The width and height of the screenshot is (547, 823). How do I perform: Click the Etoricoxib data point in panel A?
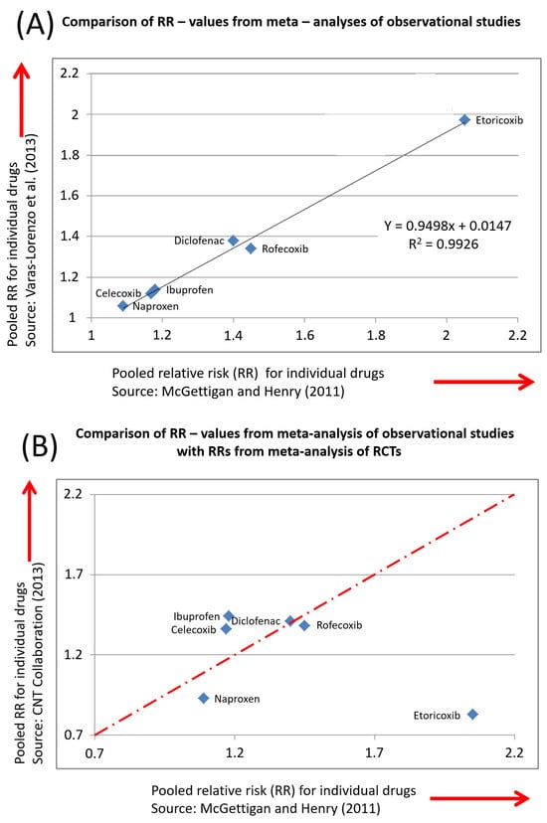tap(464, 119)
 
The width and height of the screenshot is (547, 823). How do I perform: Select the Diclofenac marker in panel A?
tap(234, 241)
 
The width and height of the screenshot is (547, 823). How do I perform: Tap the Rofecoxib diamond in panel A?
tap(251, 248)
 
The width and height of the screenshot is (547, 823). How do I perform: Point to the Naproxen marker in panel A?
tap(123, 306)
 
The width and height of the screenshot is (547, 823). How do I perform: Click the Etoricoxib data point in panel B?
tap(472, 715)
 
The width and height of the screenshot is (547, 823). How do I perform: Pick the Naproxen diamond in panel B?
tap(204, 698)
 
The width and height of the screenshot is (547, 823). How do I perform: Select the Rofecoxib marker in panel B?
tap(304, 625)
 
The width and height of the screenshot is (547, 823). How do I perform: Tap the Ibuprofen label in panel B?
tap(196, 616)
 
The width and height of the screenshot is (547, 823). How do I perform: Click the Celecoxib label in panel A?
tap(118, 293)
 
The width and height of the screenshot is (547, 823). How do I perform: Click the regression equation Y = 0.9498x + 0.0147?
tap(448, 226)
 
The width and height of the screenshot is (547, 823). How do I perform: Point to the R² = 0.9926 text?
tap(444, 244)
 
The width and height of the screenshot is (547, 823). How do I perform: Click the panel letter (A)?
tap(35, 24)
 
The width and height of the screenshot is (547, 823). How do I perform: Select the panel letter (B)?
tap(39, 446)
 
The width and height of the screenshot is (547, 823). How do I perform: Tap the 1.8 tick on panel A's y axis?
tap(71, 155)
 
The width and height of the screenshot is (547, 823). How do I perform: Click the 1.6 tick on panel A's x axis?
tap(305, 335)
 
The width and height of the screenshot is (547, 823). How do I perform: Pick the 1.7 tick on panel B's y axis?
tap(73, 574)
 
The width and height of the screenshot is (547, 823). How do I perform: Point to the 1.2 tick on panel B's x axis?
tap(234, 752)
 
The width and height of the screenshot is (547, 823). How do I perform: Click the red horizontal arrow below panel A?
tap(484, 382)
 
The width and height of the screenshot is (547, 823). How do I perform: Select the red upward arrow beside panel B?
tap(30, 521)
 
